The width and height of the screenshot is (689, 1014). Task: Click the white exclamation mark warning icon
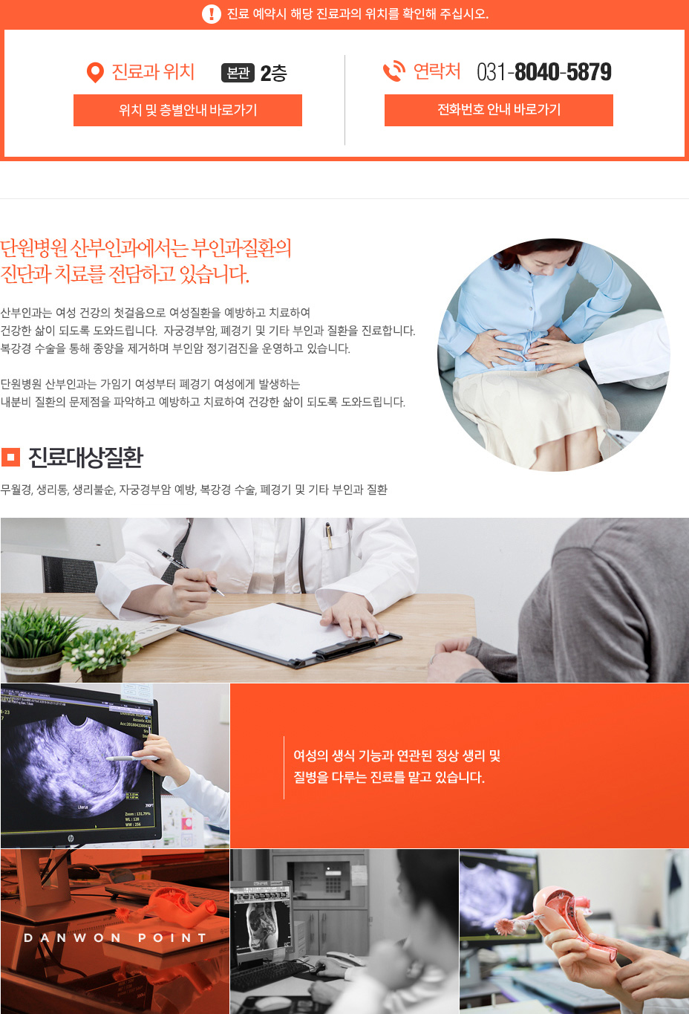tap(211, 13)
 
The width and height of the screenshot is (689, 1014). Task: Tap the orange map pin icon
tap(95, 73)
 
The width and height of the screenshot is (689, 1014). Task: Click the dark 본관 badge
tap(238, 73)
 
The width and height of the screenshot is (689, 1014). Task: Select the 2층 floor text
tap(274, 73)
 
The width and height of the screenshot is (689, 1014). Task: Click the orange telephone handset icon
tap(394, 71)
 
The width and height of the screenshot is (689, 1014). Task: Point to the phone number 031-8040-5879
tap(544, 72)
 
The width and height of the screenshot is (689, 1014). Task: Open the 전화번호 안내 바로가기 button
tap(498, 110)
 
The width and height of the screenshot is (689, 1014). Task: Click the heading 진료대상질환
tap(85, 457)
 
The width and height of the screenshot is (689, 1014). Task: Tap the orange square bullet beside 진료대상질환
tap(11, 457)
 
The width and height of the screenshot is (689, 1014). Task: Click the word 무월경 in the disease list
tap(16, 490)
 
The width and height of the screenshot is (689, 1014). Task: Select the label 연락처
tap(437, 71)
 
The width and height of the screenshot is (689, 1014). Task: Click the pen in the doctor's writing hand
tap(191, 572)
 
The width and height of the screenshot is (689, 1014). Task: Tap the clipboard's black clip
tap(345, 647)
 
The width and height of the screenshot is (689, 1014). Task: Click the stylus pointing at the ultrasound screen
tap(132, 758)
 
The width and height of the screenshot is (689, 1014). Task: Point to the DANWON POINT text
tap(115, 938)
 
